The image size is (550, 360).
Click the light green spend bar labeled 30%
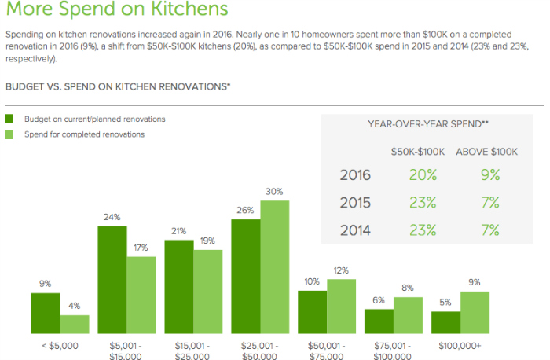275,267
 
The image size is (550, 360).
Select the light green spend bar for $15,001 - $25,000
208,292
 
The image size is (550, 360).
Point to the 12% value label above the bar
342,271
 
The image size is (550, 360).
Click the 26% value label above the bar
245,211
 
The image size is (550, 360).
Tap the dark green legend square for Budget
9,119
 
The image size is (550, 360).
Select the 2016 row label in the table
355,175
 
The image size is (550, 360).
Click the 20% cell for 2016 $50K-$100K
423,175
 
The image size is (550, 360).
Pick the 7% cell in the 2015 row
490,202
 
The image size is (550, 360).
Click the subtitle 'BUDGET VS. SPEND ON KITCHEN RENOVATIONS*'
118,86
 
